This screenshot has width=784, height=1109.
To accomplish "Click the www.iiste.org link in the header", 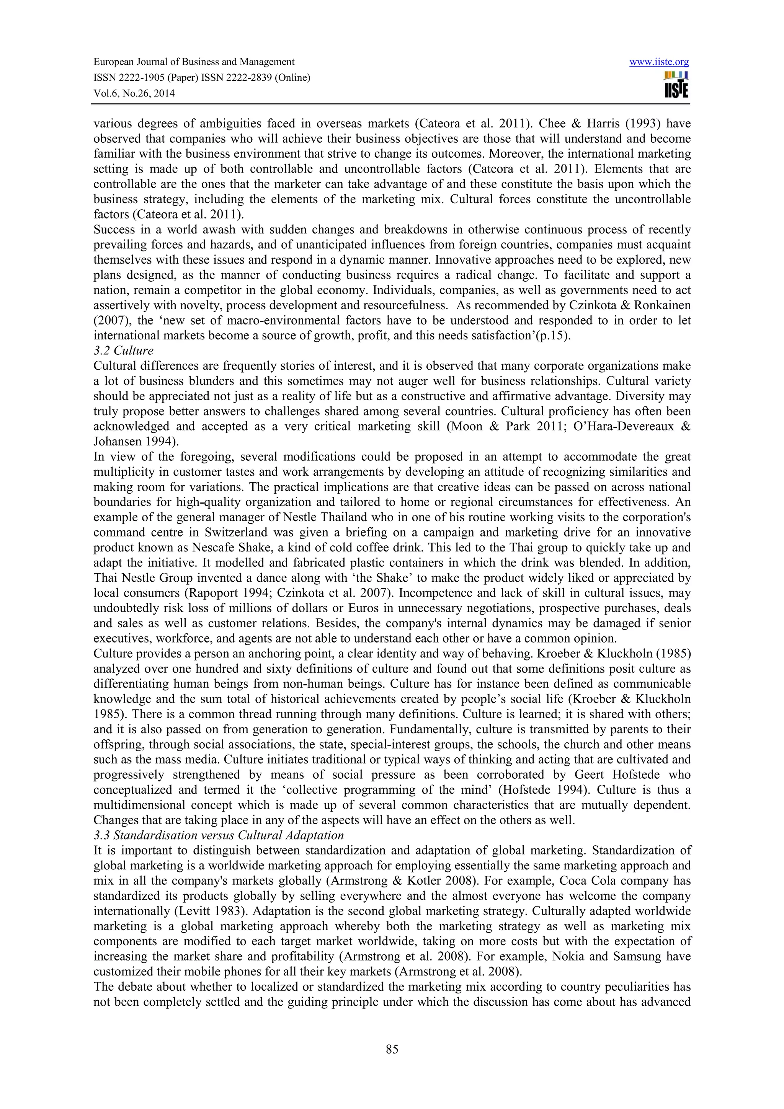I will tap(659, 62).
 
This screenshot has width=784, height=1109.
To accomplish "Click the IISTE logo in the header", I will tap(676, 85).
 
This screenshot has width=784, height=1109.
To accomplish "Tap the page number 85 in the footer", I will tap(392, 1049).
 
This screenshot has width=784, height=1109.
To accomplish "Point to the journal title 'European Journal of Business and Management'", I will tap(194, 62).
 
